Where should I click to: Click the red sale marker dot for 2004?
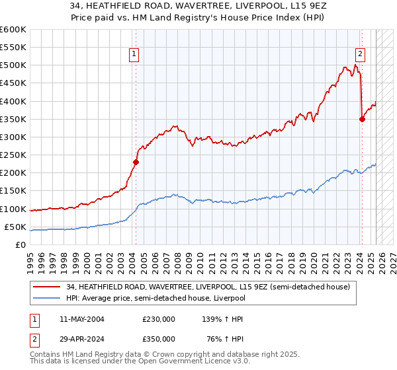tap(136, 162)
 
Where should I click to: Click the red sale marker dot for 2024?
tap(362, 119)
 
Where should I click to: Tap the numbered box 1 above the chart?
tap(134, 54)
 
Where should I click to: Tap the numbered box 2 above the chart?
tap(360, 54)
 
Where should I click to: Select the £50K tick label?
tap(15, 227)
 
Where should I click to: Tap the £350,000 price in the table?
tap(159, 340)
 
